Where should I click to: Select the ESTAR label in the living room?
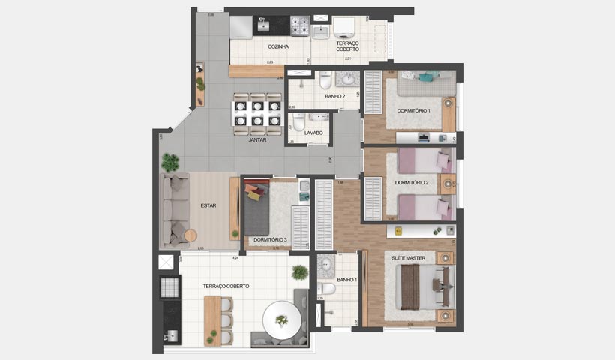pos(208,205)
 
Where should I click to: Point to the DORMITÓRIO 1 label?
pos(413,111)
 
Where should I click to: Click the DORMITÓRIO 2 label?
pos(412,183)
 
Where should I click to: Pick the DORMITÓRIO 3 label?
pos(271,240)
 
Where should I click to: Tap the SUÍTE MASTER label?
pos(409,258)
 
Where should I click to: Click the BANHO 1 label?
pos(346,280)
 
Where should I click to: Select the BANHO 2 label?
pos(334,97)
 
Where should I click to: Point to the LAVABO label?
pos(313,133)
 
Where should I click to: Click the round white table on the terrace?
pos(281,319)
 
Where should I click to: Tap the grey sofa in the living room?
pos(177,209)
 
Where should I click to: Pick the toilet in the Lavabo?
pos(298,123)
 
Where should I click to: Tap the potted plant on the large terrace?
pos(300,272)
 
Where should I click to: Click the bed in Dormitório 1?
pos(424,82)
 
